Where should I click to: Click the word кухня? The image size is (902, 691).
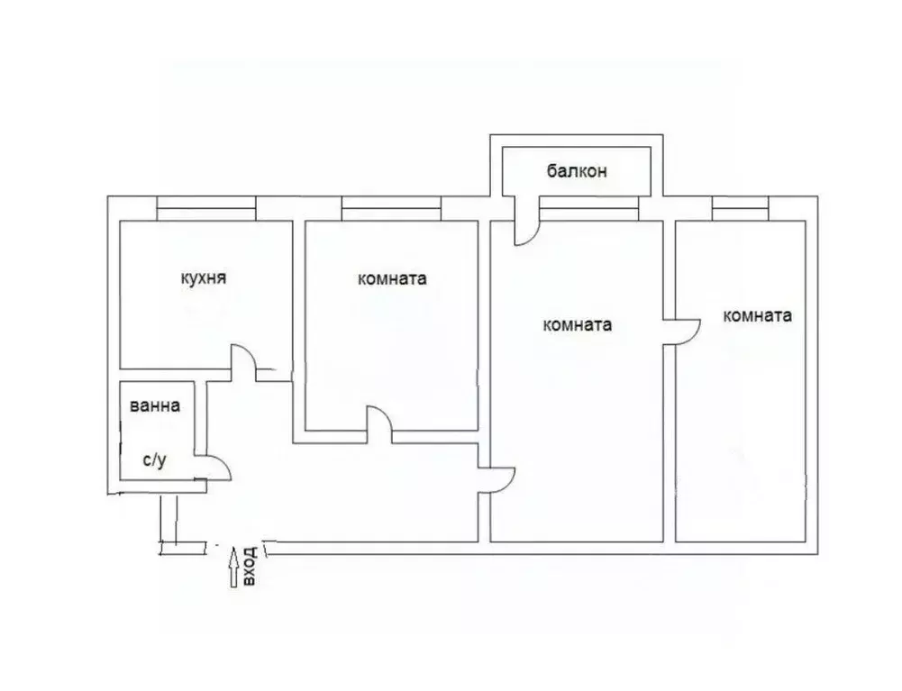pyautogui.click(x=203, y=278)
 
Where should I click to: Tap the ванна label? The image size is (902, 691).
pyautogui.click(x=154, y=406)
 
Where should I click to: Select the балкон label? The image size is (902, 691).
pyautogui.click(x=576, y=170)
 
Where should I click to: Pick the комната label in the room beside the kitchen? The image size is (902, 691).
pyautogui.click(x=391, y=279)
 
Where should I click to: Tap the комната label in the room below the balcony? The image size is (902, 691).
pyautogui.click(x=579, y=325)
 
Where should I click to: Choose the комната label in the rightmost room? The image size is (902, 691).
pyautogui.click(x=757, y=315)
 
